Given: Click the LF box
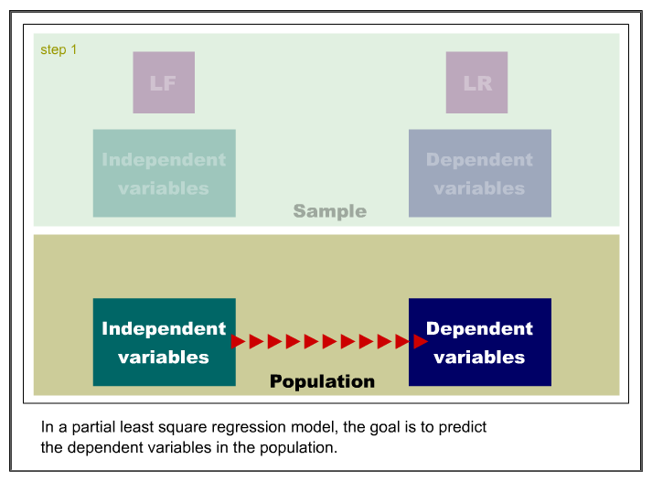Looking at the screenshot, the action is click(164, 82).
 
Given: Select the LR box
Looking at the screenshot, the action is click(476, 82).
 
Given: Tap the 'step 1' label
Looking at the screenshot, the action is click(59, 50).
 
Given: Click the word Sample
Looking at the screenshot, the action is click(330, 211).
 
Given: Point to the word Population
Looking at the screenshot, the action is click(322, 381).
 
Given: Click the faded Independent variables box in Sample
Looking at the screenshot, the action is click(165, 173).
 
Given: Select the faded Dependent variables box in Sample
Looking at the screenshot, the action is click(480, 173).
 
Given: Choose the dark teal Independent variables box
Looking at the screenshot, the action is click(165, 342).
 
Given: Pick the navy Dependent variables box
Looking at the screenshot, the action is click(480, 342).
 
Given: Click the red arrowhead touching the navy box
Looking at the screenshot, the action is click(421, 342).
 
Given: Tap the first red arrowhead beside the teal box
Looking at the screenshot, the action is click(238, 342).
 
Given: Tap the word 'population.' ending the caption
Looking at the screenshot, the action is click(298, 448).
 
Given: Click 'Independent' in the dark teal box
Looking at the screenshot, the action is click(164, 328).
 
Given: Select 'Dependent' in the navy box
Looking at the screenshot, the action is click(479, 328).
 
